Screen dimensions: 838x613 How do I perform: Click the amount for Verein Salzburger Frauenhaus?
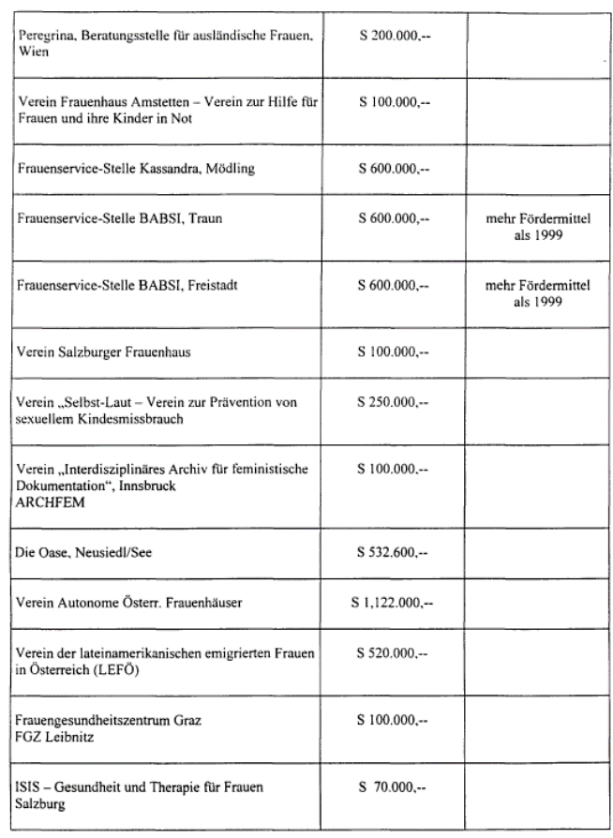click(x=393, y=352)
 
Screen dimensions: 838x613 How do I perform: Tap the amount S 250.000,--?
click(x=393, y=402)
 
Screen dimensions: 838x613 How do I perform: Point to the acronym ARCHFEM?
click(x=51, y=500)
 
